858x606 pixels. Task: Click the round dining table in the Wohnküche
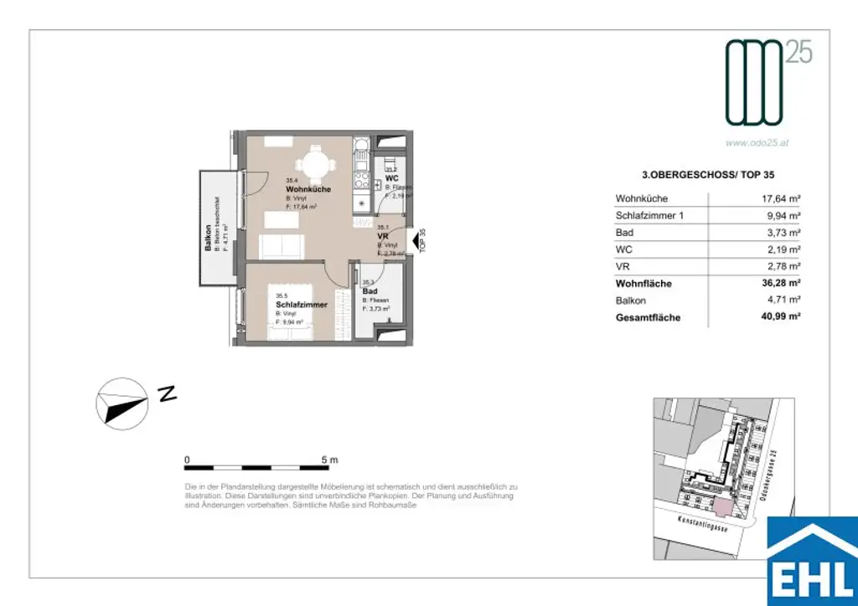(x=315, y=164)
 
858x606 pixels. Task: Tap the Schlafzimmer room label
(x=301, y=305)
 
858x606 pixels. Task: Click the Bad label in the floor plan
(x=370, y=291)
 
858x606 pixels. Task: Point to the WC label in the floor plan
(x=390, y=178)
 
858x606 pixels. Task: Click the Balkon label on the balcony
(x=208, y=239)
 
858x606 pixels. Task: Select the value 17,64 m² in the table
(x=778, y=199)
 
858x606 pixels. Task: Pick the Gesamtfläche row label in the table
(x=648, y=318)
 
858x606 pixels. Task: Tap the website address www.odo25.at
(x=757, y=143)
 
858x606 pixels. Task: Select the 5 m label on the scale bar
(x=328, y=460)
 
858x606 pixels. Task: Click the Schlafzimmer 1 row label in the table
(x=650, y=216)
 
